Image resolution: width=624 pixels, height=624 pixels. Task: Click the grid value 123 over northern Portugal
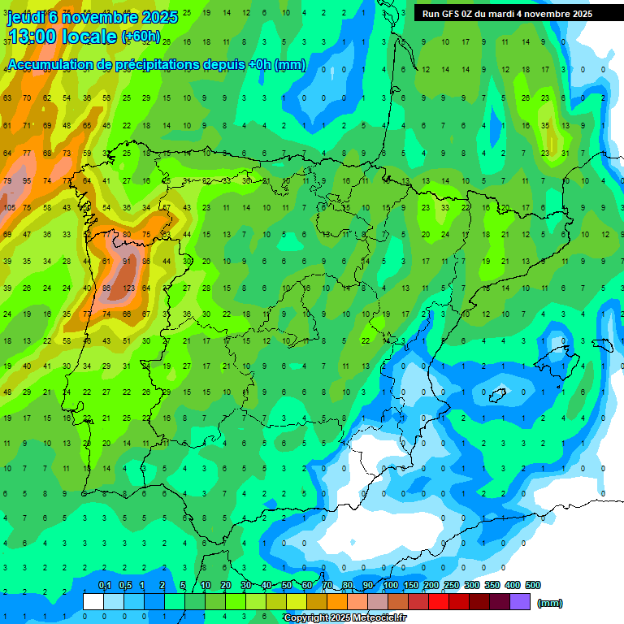[x=128, y=288]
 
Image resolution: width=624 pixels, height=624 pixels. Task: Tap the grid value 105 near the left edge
[x=10, y=208]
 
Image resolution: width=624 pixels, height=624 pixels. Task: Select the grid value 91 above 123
[x=126, y=262]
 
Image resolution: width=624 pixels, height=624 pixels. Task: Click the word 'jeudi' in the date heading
[x=26, y=17]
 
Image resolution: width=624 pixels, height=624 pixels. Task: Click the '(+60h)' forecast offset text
[x=141, y=37]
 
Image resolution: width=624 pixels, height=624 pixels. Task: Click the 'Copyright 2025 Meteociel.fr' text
[x=344, y=618]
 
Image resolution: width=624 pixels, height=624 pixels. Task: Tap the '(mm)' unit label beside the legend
[x=550, y=603]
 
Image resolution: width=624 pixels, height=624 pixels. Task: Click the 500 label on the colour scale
[x=533, y=586]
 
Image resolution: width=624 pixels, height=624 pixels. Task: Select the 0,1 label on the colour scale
[x=104, y=586]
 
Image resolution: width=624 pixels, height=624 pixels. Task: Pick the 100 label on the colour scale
[x=391, y=586]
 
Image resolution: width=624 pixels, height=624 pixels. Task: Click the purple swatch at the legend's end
[x=520, y=601]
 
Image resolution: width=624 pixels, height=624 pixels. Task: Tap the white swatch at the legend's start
[x=93, y=601]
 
